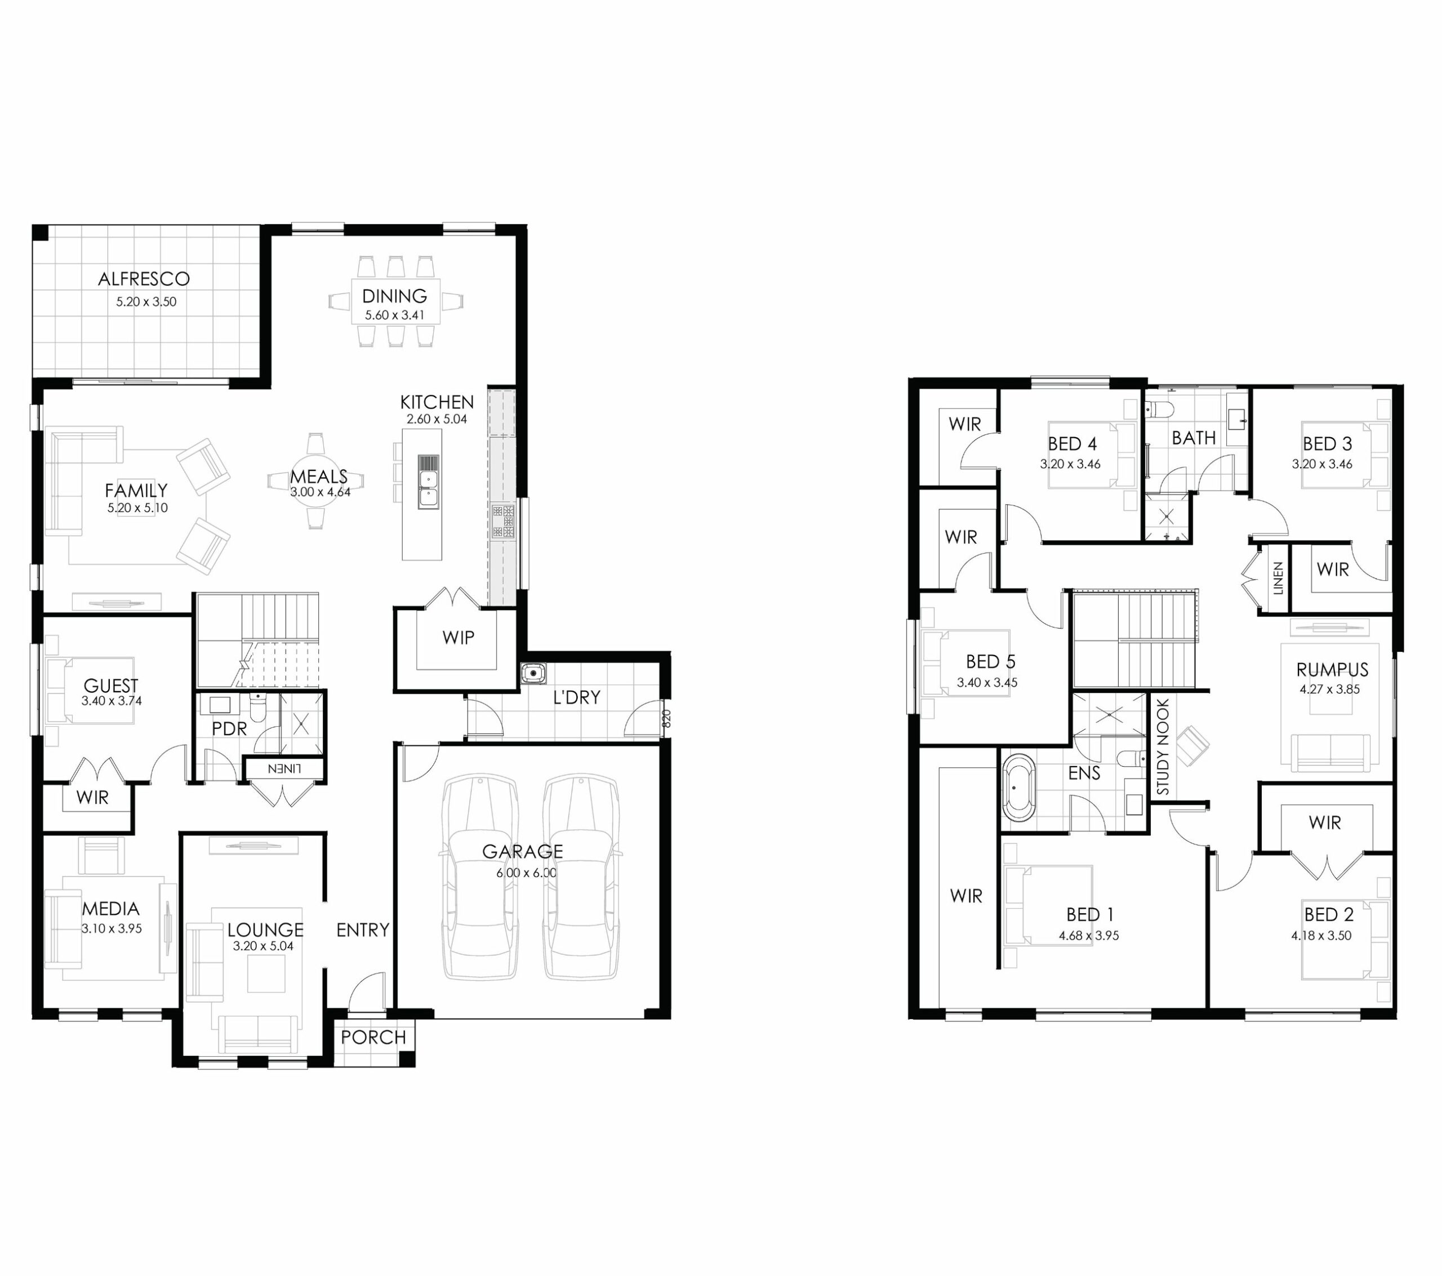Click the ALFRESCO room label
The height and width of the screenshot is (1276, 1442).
[144, 279]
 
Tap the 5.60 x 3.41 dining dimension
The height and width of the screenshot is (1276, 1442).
[394, 315]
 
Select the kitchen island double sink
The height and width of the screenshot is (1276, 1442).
[428, 481]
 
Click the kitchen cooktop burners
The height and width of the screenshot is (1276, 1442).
[503, 522]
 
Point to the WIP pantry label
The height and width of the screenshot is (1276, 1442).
[458, 637]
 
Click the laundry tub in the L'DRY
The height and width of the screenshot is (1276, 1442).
[533, 673]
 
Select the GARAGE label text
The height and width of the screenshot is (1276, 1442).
[522, 852]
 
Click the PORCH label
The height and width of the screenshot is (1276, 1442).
[373, 1037]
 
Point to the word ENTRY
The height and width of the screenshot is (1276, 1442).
[363, 930]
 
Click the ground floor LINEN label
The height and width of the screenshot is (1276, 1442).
[284, 768]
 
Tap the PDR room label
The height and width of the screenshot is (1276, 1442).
[229, 728]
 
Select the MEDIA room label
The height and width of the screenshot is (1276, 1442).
[111, 908]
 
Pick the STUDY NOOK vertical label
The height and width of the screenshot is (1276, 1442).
[1163, 746]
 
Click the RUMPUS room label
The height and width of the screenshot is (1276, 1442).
[1332, 669]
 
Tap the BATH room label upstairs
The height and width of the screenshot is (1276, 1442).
[1194, 438]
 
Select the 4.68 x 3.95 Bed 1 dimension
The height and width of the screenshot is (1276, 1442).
[1089, 936]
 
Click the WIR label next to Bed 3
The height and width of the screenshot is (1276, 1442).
[1333, 570]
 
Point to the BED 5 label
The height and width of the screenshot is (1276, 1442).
[990, 662]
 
